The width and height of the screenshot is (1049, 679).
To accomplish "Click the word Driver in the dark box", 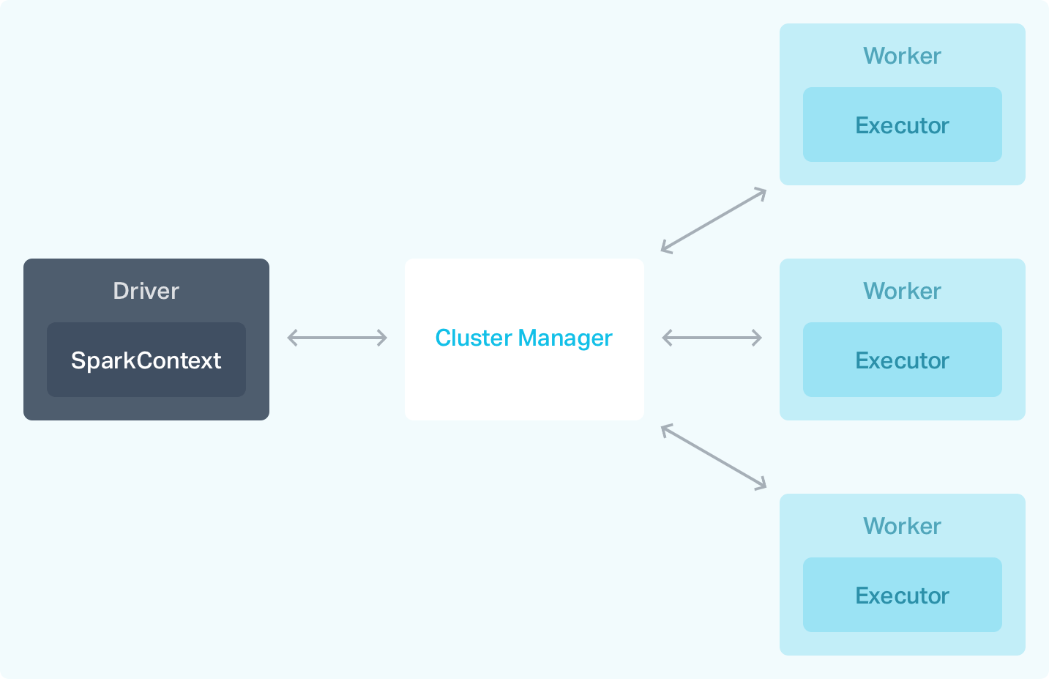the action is (146, 291).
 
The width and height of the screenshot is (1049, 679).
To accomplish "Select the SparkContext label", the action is (146, 360).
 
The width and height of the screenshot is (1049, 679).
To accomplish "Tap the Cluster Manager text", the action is (523, 338).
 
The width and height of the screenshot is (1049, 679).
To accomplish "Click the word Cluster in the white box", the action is (473, 338).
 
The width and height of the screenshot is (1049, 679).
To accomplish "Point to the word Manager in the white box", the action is (564, 338).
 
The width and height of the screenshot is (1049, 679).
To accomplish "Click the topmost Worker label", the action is (902, 56).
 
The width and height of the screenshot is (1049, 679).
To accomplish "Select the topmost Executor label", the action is (902, 125).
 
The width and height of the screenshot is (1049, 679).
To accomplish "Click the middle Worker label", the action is (902, 291).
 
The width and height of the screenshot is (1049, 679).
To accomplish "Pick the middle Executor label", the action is (902, 360).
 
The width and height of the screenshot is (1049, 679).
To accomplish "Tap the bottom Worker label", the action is (902, 526).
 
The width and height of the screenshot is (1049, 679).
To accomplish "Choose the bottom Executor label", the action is (902, 595).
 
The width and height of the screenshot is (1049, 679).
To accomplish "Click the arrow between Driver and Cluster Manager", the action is (337, 338).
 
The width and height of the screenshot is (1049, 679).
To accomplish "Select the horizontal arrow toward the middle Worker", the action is (712, 338).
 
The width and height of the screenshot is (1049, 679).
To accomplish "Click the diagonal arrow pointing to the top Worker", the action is (713, 220).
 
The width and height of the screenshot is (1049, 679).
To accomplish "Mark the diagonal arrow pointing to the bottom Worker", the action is (713, 456).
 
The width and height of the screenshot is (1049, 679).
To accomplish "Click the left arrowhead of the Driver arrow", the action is (291, 338).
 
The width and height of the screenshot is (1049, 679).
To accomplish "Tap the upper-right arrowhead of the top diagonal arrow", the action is (762, 192).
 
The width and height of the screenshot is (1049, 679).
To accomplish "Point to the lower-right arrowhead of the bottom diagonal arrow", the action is (762, 485).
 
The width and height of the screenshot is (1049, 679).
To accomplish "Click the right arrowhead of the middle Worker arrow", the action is (758, 338).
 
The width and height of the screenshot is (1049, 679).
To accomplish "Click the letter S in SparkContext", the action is (77, 360).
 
